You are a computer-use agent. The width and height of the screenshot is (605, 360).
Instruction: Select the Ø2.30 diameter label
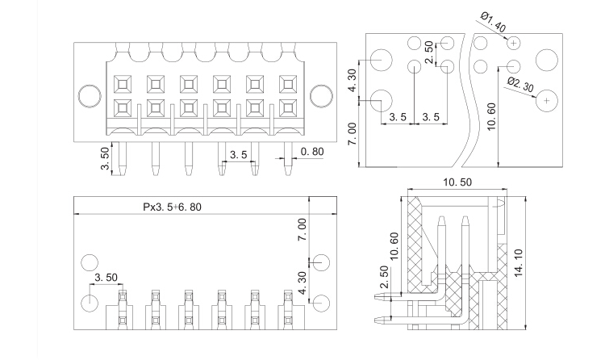coord(519,83)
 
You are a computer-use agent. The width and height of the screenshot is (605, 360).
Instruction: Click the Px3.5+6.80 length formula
coord(171,207)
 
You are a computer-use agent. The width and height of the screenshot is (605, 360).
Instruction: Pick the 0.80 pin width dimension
coord(314,151)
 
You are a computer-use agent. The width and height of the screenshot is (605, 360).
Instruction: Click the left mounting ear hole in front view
coord(88,94)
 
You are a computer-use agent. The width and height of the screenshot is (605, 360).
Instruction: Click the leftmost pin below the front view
coord(122,158)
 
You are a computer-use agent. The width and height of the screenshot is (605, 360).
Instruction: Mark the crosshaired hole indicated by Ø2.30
coord(547,98)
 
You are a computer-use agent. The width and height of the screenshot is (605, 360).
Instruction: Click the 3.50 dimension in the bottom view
coord(106,277)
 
